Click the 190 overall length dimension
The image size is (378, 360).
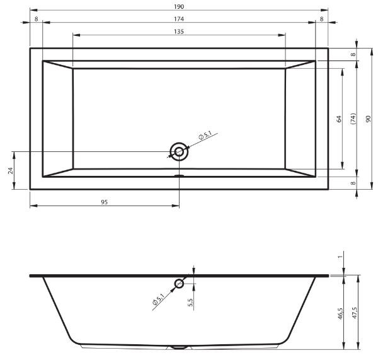pos(179,6)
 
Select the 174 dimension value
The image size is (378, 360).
pos(179,19)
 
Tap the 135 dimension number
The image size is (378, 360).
pos(179,32)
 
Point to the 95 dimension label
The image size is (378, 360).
pos(104,202)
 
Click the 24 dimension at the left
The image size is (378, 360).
pos(10,171)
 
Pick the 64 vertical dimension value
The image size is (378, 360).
pos(339,119)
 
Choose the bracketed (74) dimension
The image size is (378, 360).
pos(353,119)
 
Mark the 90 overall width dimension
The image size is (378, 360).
pos(368,119)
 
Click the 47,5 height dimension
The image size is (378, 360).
pos(355,313)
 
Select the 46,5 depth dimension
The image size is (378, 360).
pos(340,314)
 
